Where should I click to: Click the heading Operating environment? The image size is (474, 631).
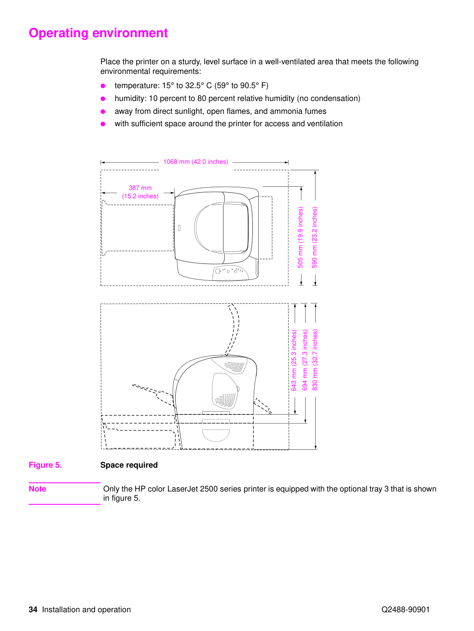pyautogui.click(x=98, y=33)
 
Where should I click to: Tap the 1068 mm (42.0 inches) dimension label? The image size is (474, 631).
pyautogui.click(x=196, y=162)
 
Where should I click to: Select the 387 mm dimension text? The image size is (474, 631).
pyautogui.click(x=140, y=188)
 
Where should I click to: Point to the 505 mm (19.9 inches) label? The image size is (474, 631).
pyautogui.click(x=301, y=237)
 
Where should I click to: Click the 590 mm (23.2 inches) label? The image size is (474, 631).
pyautogui.click(x=315, y=237)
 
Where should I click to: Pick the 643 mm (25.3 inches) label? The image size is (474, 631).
pyautogui.click(x=294, y=360)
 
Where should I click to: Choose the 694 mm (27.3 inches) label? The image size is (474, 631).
pyautogui.click(x=305, y=360)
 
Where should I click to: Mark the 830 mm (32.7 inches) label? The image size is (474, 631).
pyautogui.click(x=315, y=360)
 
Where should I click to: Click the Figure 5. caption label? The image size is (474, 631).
pyautogui.click(x=45, y=465)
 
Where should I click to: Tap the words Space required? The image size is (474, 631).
pyautogui.click(x=129, y=465)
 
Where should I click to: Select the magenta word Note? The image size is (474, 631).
pyautogui.click(x=37, y=489)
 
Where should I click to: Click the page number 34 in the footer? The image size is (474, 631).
pyautogui.click(x=33, y=609)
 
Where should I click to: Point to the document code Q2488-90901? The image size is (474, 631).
pyautogui.click(x=406, y=609)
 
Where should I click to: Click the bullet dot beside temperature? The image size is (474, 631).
pyautogui.click(x=103, y=86)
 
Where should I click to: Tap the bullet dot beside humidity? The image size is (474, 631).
pyautogui.click(x=103, y=99)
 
